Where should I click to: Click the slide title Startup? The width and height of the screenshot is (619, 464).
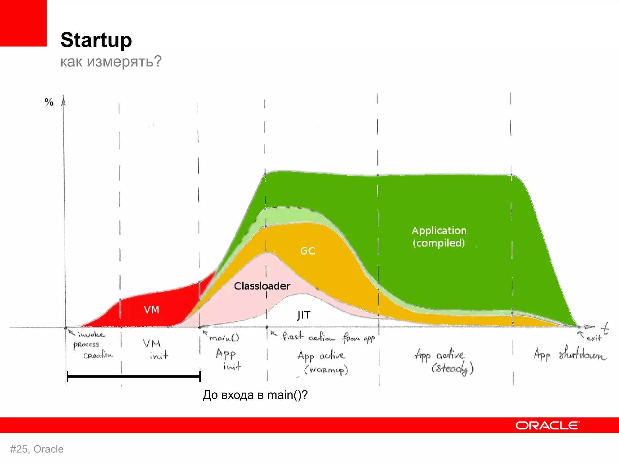[x=96, y=40]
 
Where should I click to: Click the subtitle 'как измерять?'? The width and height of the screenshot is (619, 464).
[x=111, y=62]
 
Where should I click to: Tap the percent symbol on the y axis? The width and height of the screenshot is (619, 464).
[x=49, y=102]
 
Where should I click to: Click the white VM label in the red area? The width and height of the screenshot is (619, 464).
[x=151, y=310]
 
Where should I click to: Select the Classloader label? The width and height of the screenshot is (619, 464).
[x=262, y=286]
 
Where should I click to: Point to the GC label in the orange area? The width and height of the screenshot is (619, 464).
[x=308, y=251]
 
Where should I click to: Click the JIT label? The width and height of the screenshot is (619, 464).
[x=303, y=315]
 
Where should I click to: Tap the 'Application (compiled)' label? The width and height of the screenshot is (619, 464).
[x=439, y=237]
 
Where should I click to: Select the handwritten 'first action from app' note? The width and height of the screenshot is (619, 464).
[x=328, y=337]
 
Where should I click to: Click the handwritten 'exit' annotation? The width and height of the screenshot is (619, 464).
[x=594, y=338]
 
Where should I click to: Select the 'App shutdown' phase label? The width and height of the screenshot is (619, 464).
[x=569, y=355]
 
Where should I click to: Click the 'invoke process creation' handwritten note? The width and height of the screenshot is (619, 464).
[x=91, y=345]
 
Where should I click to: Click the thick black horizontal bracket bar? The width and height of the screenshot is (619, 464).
[x=133, y=377]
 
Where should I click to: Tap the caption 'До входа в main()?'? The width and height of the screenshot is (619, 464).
[x=255, y=395]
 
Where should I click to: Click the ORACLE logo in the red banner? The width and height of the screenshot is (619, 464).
[x=547, y=425]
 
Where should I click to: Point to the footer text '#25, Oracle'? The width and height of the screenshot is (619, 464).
[x=37, y=449]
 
